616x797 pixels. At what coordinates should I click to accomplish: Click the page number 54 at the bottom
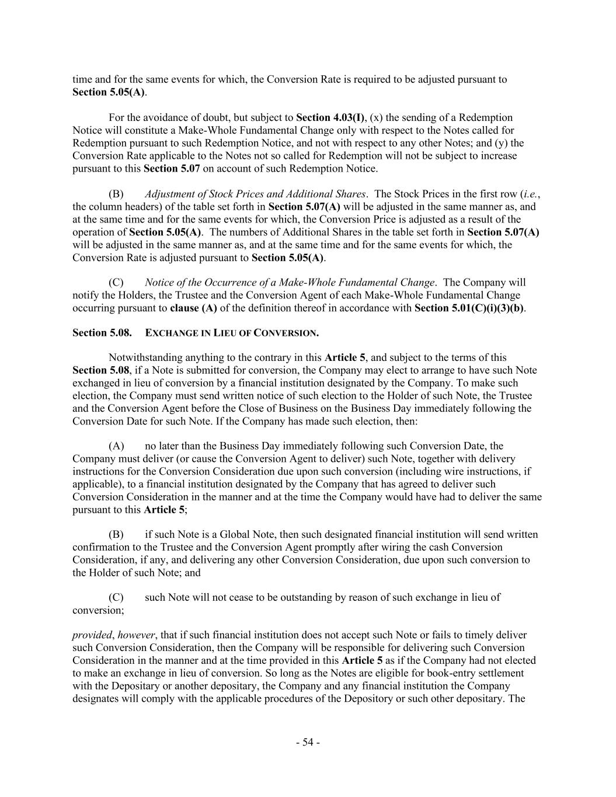click(308, 742)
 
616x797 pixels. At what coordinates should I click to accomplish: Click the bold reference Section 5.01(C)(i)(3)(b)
click(469, 308)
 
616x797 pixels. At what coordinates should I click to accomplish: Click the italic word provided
click(92, 635)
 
